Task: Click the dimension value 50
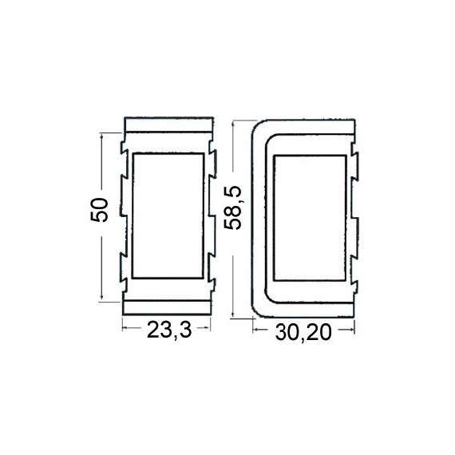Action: click(100, 210)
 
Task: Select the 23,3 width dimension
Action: click(169, 330)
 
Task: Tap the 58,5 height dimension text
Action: click(234, 208)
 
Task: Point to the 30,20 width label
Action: click(303, 332)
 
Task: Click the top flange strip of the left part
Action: click(168, 125)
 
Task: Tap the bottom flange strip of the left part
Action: click(167, 307)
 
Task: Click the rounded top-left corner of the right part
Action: click(256, 125)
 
